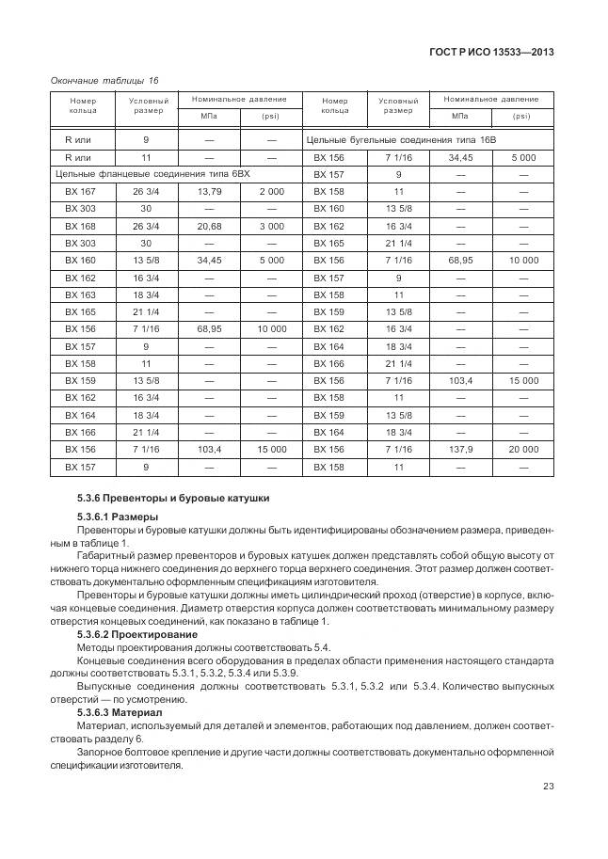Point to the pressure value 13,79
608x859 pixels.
pos(209,191)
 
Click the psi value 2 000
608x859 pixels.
pos(271,191)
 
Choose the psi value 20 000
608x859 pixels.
pos(523,449)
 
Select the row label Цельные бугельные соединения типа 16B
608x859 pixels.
pos(400,139)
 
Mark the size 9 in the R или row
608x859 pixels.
pos(146,139)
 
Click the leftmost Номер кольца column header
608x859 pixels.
pos(83,105)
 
